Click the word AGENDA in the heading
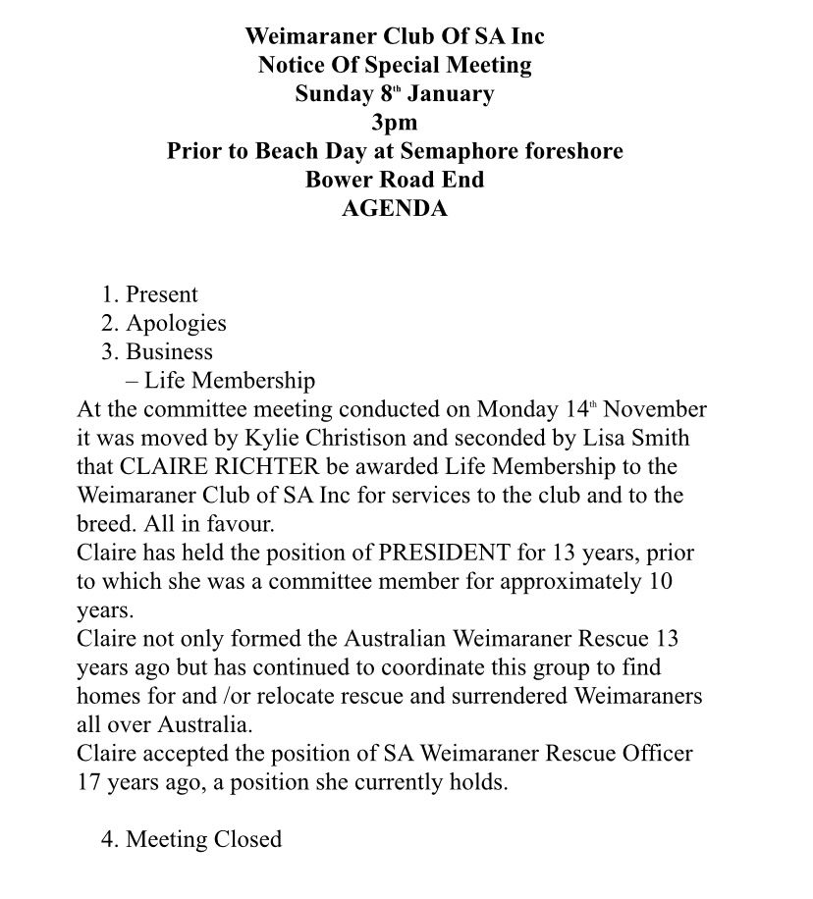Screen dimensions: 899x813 (x=394, y=208)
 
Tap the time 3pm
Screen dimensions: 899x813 (x=394, y=123)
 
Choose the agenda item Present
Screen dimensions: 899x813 (x=162, y=294)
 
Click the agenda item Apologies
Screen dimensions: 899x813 (x=176, y=323)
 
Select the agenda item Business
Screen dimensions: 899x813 (x=169, y=351)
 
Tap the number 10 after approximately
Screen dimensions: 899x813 (x=661, y=581)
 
